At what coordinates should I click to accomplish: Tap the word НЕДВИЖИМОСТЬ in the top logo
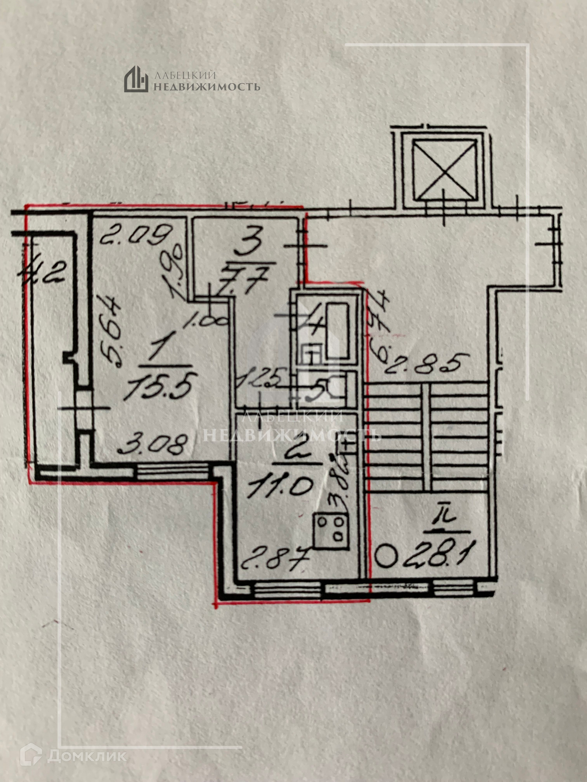coord(207,87)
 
